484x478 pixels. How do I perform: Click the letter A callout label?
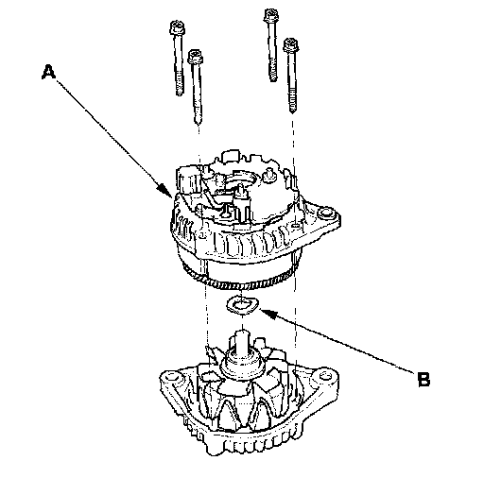point(48,72)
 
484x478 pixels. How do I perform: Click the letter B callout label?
point(423,379)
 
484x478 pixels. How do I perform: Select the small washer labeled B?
point(242,305)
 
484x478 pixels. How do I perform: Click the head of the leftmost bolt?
point(177,27)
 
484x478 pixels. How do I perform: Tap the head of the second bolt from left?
point(196,57)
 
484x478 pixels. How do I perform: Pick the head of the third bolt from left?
point(271,15)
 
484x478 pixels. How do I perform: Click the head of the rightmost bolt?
point(291,45)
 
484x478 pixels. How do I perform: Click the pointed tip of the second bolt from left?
point(198,121)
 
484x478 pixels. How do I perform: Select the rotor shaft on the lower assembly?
point(242,341)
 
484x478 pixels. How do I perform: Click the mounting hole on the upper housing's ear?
point(325,213)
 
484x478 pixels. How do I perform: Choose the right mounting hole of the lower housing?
point(324,375)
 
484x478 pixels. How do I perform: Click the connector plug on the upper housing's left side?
point(188,181)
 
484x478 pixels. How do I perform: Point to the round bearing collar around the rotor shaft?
point(242,363)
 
